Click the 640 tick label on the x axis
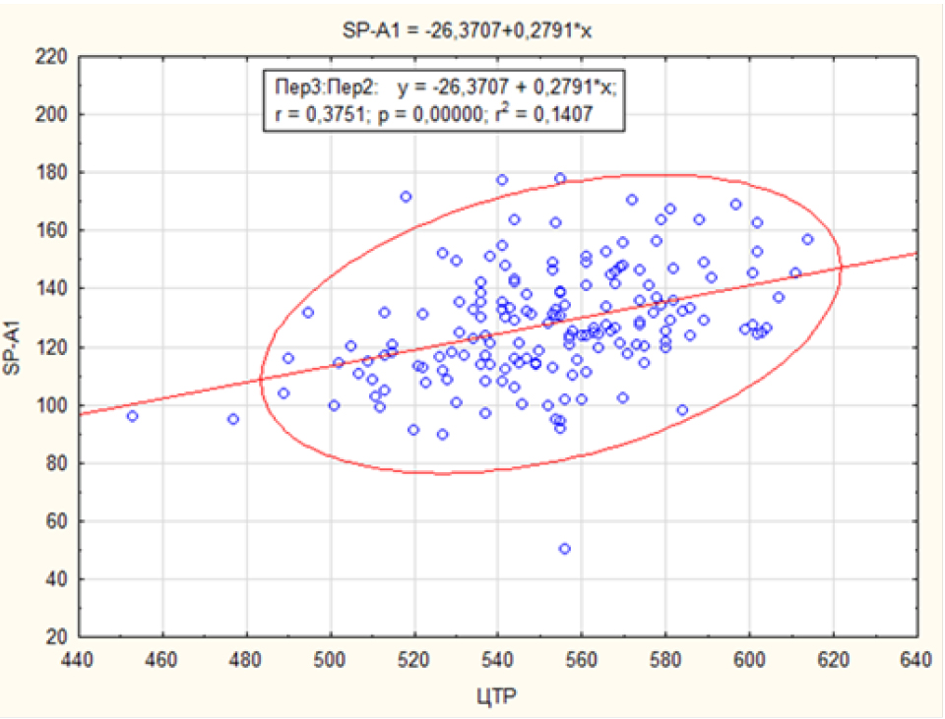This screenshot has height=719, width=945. tap(916, 658)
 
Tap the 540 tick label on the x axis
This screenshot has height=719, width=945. tap(498, 658)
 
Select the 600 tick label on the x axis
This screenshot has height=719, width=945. tap(749, 658)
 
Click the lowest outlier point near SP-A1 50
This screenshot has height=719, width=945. tap(565, 549)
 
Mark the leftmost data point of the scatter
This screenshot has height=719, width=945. tap(133, 416)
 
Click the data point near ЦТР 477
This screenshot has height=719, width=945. tap(233, 419)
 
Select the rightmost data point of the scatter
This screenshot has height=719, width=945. tap(807, 239)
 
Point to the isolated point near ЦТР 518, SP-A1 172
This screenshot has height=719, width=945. tap(406, 197)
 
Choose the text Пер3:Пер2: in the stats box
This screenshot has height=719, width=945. tap(320, 88)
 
